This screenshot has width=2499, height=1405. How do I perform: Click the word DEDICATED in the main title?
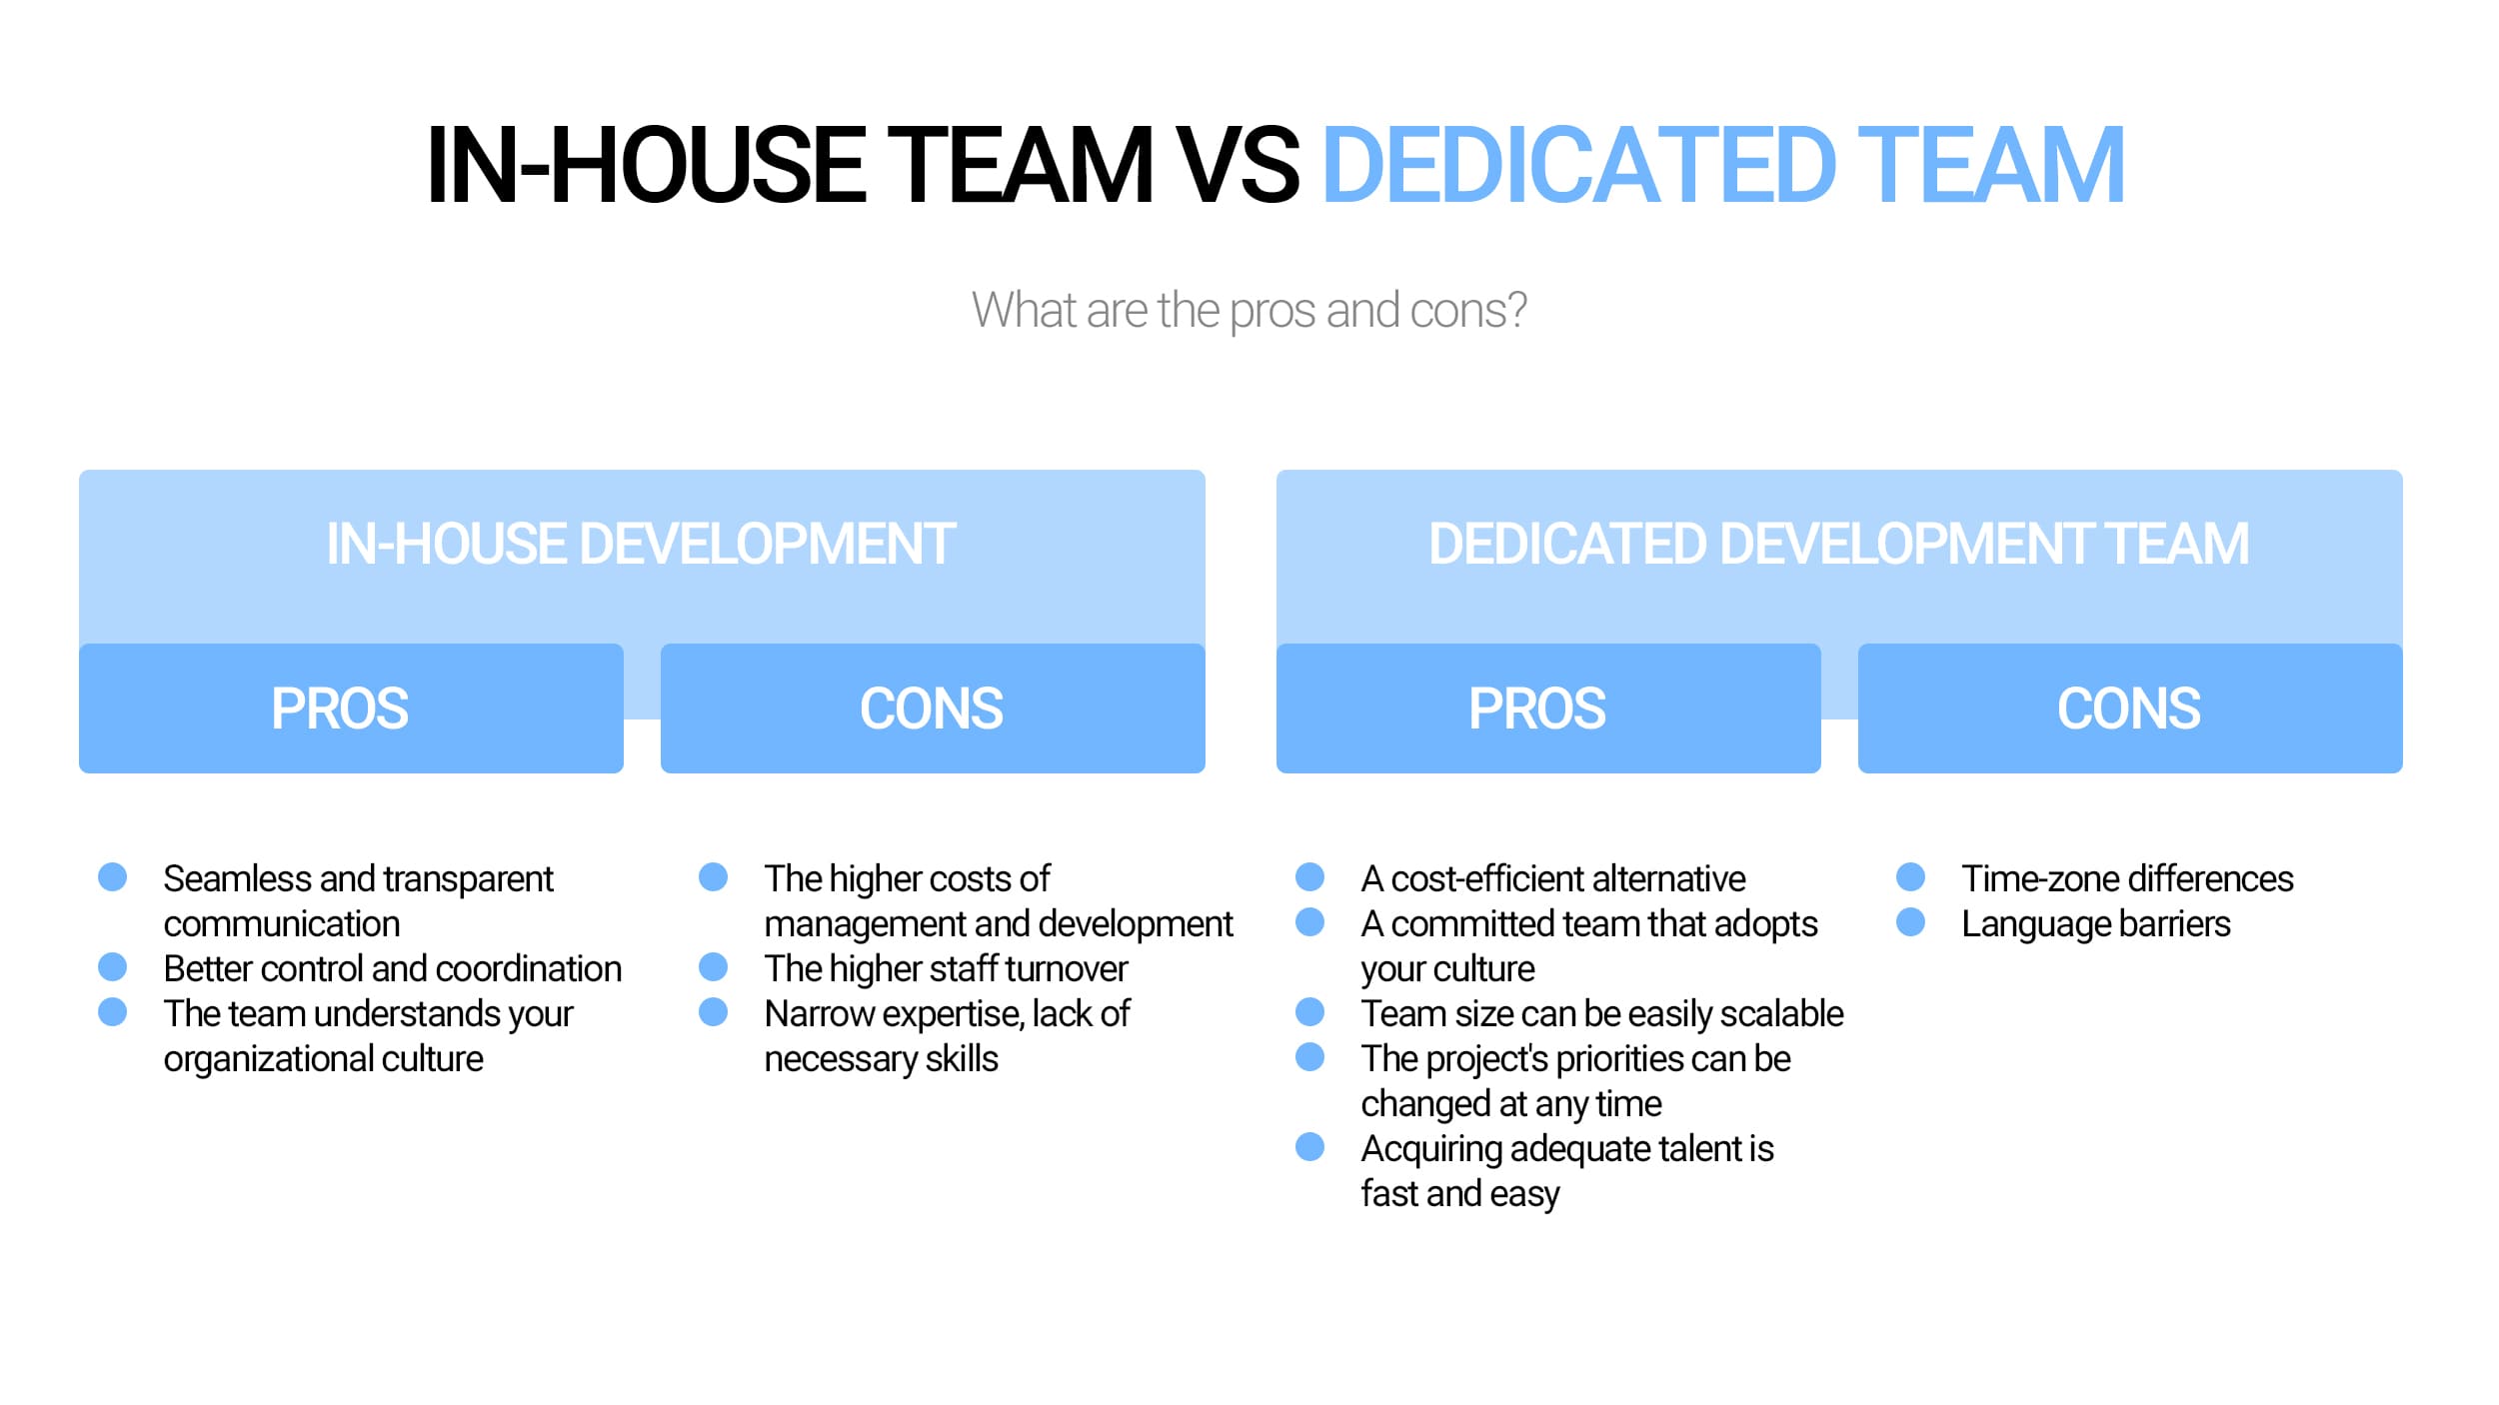(1579, 165)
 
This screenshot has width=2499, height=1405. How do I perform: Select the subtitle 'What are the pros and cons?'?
(1249, 311)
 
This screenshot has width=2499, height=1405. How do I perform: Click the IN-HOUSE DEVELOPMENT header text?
(641, 545)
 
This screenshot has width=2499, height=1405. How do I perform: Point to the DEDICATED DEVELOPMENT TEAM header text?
(1839, 545)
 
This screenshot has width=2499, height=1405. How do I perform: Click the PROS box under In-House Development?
(351, 708)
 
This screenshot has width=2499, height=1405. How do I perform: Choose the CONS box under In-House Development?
(933, 708)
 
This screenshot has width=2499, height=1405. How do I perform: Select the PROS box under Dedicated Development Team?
(1548, 708)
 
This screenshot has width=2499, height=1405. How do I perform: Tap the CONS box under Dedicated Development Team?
(2130, 708)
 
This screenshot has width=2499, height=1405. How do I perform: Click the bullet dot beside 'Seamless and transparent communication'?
(113, 877)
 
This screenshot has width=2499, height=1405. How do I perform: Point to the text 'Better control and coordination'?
(393, 969)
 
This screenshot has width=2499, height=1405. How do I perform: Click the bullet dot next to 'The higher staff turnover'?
(714, 967)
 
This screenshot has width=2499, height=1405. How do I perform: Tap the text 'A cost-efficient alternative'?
(1553, 879)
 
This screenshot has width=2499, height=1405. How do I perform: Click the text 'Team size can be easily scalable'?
(1602, 1014)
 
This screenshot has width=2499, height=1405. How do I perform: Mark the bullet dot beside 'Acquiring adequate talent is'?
(1310, 1147)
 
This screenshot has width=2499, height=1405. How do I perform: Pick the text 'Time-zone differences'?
(2128, 879)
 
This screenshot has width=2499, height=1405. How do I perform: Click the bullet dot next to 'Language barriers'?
(1911, 922)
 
